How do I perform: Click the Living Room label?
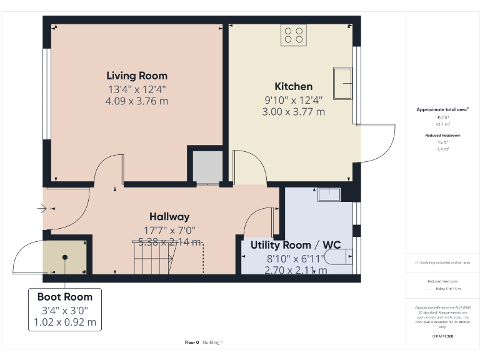click(137, 76)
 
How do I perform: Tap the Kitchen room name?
click(293, 86)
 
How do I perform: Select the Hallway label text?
click(169, 216)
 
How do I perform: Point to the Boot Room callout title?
click(64, 297)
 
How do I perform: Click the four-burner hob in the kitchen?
click(294, 35)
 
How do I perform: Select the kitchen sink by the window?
click(342, 83)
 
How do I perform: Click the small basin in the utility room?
click(329, 195)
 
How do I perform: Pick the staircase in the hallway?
click(167, 257)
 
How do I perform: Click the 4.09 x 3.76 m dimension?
click(137, 101)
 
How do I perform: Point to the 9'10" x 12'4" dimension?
click(293, 99)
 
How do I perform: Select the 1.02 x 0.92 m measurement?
click(64, 322)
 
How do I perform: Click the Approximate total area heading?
click(442, 109)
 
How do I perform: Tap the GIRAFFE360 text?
click(442, 336)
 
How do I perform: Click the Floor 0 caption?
click(191, 342)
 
